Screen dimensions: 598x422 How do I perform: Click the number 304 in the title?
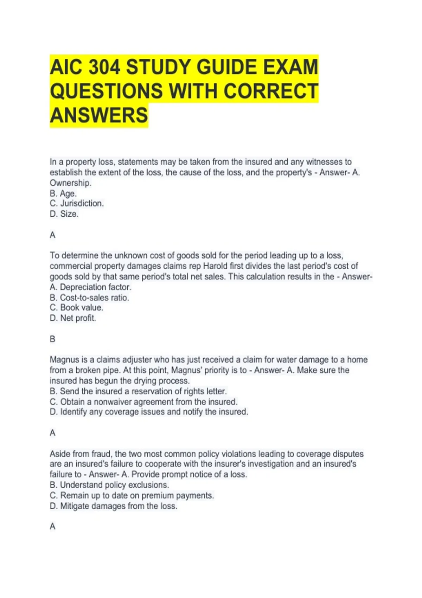(x=104, y=68)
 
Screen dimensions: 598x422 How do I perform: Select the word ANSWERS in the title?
(x=99, y=115)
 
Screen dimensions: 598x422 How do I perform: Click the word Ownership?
(x=70, y=183)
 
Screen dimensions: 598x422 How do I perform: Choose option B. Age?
(x=63, y=193)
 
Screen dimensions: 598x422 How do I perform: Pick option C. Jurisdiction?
(x=77, y=203)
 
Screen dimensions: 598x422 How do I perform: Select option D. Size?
(x=64, y=214)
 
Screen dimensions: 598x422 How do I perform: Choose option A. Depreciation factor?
(x=90, y=287)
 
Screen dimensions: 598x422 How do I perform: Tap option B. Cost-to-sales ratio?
(x=89, y=298)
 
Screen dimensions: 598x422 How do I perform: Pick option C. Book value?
(x=76, y=307)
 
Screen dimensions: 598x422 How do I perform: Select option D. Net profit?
(x=73, y=318)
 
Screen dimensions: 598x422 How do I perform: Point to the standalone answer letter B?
(x=53, y=339)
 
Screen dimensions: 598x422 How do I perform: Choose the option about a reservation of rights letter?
(x=138, y=391)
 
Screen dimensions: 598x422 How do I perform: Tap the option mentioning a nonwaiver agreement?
(x=143, y=402)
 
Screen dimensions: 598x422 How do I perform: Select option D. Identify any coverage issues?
(x=149, y=412)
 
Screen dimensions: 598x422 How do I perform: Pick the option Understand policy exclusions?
(x=109, y=485)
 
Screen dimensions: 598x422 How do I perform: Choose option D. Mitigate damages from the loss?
(x=113, y=506)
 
